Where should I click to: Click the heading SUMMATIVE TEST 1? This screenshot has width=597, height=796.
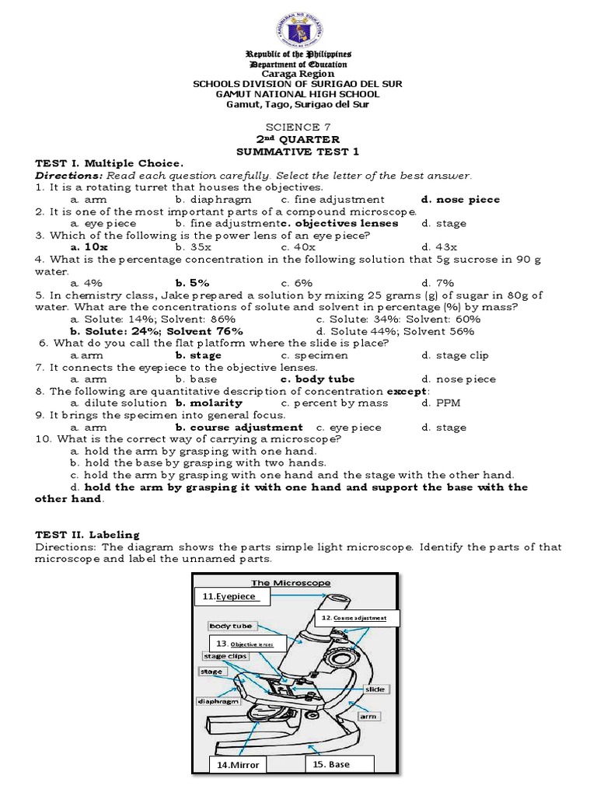pos(298,152)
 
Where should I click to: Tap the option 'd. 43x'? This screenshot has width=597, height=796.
pos(438,247)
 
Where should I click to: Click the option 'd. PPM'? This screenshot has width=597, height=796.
pos(438,403)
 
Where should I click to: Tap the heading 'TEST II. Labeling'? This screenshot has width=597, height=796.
pos(87,534)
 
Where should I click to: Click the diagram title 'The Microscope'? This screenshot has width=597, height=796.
pos(290,582)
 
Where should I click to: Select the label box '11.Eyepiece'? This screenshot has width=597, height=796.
pos(232,596)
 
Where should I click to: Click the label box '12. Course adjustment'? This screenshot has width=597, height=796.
pos(356,617)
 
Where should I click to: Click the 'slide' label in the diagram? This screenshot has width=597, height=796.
pos(375,690)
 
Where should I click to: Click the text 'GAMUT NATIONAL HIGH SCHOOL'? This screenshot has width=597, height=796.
pos(298,93)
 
